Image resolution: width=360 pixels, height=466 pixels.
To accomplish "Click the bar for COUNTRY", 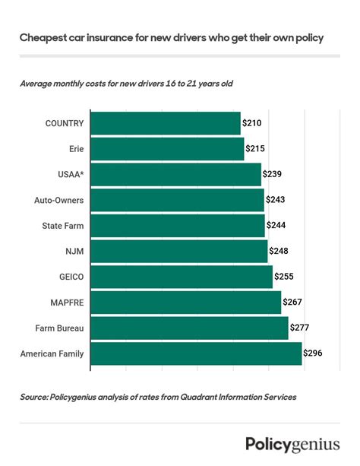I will [166, 123].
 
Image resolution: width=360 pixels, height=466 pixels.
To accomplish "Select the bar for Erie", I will [167, 149].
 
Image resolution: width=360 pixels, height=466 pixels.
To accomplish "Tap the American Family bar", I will [196, 353].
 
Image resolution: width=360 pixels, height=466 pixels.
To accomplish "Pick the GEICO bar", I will [182, 277].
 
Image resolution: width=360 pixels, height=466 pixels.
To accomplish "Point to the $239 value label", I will [273, 174].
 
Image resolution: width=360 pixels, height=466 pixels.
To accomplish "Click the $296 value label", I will [313, 353].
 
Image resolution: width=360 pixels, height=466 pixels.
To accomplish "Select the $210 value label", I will [252, 123].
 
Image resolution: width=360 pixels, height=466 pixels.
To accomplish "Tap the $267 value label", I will [292, 303].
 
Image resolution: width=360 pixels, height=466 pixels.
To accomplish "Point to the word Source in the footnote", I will [37, 397].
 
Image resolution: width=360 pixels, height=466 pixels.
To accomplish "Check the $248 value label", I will [278, 252].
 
